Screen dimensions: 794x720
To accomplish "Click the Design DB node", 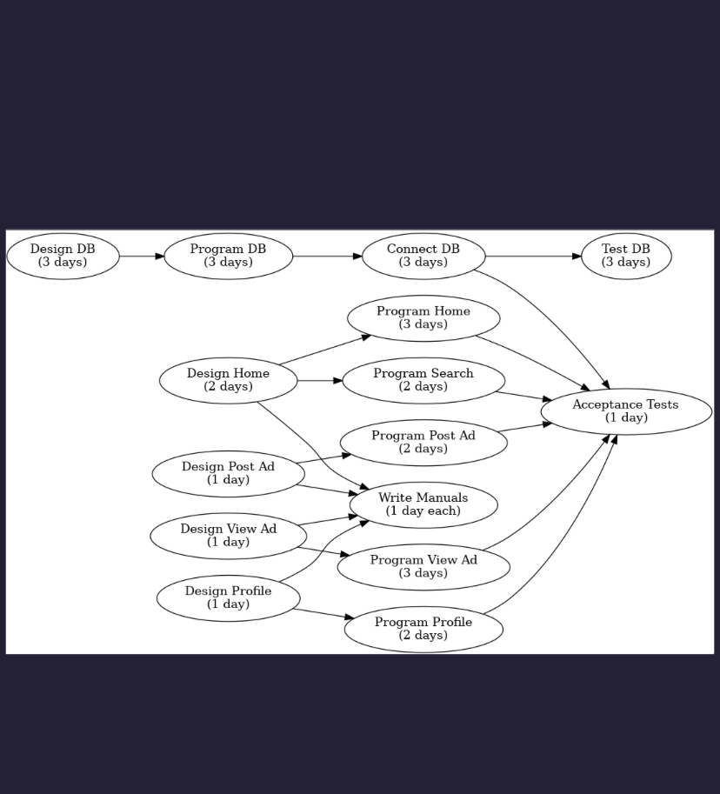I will pyautogui.click(x=63, y=256).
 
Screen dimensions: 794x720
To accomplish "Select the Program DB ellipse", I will pyautogui.click(x=228, y=256).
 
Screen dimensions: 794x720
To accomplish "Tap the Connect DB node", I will pyautogui.click(x=423, y=256).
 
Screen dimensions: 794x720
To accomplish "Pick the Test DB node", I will pyautogui.click(x=626, y=256).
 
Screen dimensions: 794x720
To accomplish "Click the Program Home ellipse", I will pyautogui.click(x=423, y=318).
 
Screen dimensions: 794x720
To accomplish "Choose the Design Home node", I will pyautogui.click(x=228, y=380).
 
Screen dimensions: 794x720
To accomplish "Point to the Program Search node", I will pyautogui.click(x=423, y=380).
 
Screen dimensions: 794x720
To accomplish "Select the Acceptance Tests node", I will pyautogui.click(x=626, y=411).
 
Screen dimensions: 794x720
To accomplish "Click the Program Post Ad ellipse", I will pyautogui.click(x=423, y=442).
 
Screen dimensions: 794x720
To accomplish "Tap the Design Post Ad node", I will pyautogui.click(x=228, y=473).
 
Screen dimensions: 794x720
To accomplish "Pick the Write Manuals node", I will pyautogui.click(x=423, y=504).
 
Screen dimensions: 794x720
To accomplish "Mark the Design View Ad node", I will pyautogui.click(x=228, y=536).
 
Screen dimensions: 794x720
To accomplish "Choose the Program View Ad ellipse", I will pyautogui.click(x=423, y=566).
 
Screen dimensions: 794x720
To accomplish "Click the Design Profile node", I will pyautogui.click(x=228, y=597).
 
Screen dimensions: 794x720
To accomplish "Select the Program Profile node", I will pyautogui.click(x=423, y=629).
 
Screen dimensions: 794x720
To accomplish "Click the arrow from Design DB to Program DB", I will pyautogui.click(x=142, y=257).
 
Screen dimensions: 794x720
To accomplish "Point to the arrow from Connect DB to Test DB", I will pyautogui.click(x=533, y=257).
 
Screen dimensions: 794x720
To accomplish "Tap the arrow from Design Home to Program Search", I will pyautogui.click(x=320, y=381).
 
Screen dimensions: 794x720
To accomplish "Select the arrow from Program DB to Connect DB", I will pyautogui.click(x=327, y=257).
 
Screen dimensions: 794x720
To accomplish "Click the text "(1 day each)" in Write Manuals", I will pyautogui.click(x=423, y=511).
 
